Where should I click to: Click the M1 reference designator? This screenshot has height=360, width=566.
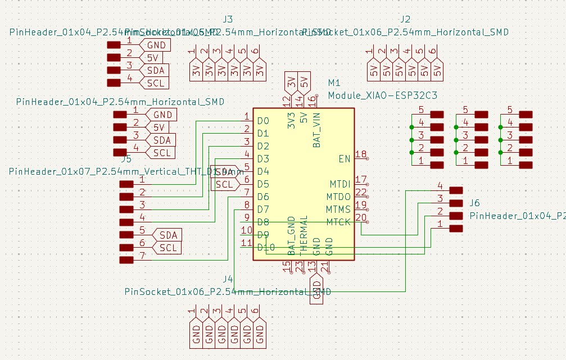click(x=334, y=83)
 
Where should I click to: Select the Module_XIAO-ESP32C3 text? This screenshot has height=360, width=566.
click(x=382, y=95)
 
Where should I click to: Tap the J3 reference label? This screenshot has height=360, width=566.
click(x=228, y=19)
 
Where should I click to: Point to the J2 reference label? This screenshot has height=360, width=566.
click(x=405, y=19)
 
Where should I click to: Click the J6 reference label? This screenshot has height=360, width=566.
click(x=474, y=203)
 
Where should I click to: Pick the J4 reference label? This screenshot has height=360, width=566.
click(x=228, y=279)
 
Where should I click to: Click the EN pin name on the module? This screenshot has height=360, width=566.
click(x=345, y=159)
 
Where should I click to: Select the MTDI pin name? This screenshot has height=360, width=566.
click(x=340, y=184)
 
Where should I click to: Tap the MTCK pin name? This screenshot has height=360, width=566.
click(x=339, y=222)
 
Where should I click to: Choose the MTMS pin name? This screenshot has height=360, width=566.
click(x=339, y=209)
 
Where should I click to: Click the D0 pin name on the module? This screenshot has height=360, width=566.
click(x=263, y=121)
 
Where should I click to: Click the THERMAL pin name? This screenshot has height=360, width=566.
click(x=304, y=233)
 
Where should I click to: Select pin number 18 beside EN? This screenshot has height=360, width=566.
click(x=361, y=154)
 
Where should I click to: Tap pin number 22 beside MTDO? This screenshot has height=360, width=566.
click(x=361, y=193)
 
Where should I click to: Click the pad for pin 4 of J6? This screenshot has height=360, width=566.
click(x=456, y=190)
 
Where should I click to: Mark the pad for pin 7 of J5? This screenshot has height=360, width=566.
click(x=127, y=260)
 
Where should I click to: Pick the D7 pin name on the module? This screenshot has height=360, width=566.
click(x=263, y=209)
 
